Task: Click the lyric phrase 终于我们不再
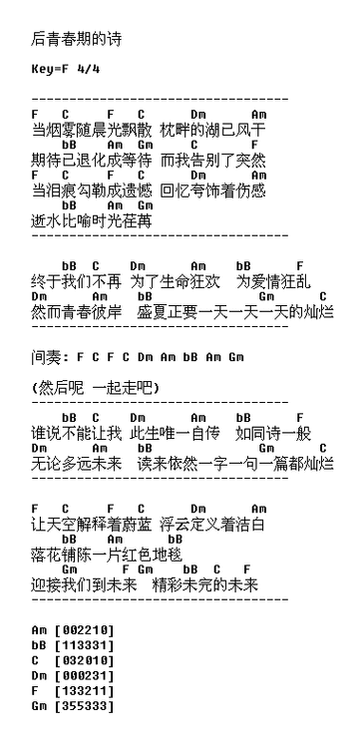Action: click(76, 281)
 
